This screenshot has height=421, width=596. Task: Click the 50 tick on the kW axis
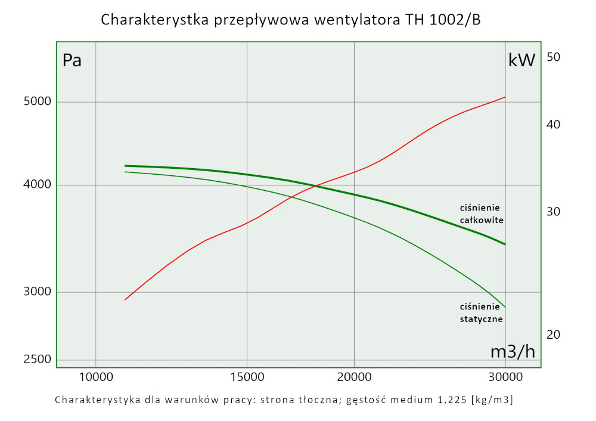click(554, 57)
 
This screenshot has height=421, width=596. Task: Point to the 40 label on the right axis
click(554, 125)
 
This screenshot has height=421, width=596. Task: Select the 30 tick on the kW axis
click(554, 212)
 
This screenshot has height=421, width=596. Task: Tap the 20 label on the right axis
click(554, 335)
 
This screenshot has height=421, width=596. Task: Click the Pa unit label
click(72, 60)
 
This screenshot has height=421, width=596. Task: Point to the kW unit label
click(521, 60)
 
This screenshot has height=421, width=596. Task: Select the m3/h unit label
click(513, 352)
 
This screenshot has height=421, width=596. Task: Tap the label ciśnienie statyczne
click(482, 312)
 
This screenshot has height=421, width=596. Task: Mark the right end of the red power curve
click(505, 97)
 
